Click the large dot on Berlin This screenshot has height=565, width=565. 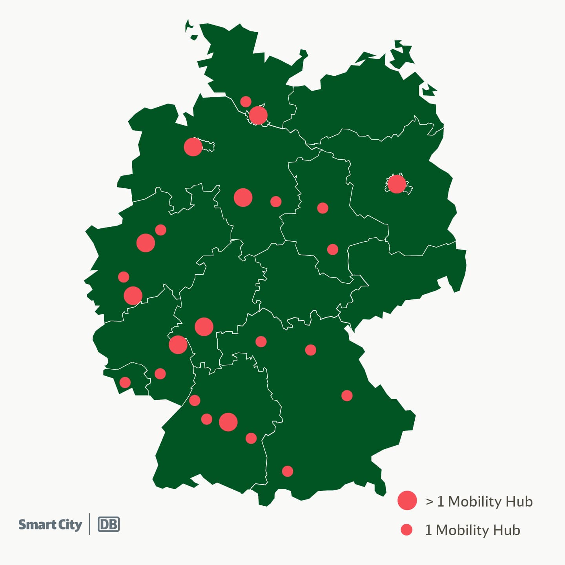click(396, 184)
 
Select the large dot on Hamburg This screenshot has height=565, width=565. click(258, 115)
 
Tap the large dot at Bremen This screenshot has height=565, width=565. click(193, 147)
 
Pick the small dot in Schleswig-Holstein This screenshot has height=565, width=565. click(246, 102)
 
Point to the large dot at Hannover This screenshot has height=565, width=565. click(243, 197)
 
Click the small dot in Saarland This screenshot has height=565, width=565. click(125, 382)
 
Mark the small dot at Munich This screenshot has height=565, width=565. click(288, 471)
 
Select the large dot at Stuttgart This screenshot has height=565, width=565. click(228, 422)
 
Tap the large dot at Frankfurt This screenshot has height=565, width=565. click(204, 326)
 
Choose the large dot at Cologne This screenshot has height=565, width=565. click(133, 295)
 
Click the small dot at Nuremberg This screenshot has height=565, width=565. click(311, 350)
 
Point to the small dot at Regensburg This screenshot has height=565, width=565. click(347, 395)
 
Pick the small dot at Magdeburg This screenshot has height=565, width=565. click(323, 208)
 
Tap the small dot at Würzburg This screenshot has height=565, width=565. click(261, 341)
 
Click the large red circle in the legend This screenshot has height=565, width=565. click(407, 500)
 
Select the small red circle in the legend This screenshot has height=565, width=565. click(406, 530)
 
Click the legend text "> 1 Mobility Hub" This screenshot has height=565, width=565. click(479, 501)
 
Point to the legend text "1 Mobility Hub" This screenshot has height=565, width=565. click(472, 530)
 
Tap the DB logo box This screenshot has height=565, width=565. click(109, 525)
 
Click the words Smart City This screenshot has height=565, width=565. click(50, 525)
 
